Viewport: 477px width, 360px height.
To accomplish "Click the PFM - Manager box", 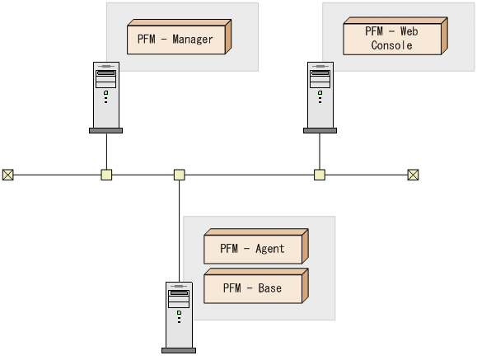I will (x=176, y=39).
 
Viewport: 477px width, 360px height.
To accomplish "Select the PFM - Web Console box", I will (x=392, y=39).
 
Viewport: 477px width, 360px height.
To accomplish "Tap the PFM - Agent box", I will (x=253, y=249).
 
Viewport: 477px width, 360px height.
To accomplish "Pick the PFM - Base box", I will (x=253, y=288).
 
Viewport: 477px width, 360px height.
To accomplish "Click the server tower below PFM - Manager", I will (x=105, y=95).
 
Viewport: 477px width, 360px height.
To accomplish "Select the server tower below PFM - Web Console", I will (x=320, y=95).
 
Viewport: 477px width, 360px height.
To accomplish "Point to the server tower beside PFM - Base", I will (x=179, y=315).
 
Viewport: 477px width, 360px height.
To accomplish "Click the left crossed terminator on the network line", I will (x=8, y=175).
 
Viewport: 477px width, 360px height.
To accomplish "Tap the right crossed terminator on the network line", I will (x=414, y=175).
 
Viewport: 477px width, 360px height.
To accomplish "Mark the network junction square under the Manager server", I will (x=106, y=175).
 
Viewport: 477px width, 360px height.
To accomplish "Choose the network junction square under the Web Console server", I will (x=320, y=175).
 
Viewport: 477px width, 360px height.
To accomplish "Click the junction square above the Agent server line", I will (x=179, y=175).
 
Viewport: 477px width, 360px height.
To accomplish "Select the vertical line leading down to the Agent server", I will (x=179, y=231).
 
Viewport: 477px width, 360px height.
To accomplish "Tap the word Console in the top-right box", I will (x=391, y=46).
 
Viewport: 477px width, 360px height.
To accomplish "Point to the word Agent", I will (x=269, y=249).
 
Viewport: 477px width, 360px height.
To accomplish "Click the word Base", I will (x=269, y=288).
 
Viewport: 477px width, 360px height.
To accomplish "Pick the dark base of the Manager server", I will (x=105, y=130).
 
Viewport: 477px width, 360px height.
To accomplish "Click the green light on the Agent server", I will (x=179, y=312).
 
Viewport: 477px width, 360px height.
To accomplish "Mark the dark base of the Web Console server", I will (x=320, y=130).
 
